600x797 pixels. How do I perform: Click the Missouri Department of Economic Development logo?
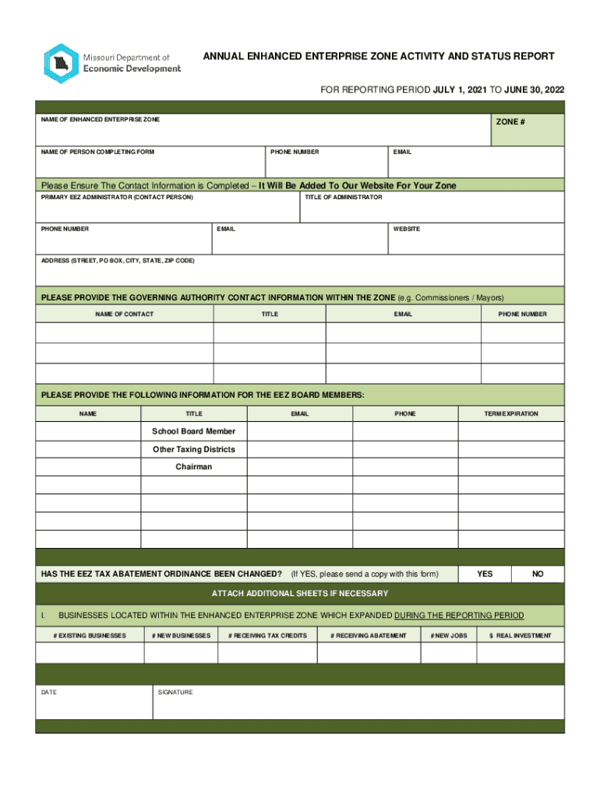pos(112,63)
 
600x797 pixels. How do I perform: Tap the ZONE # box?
pos(528,130)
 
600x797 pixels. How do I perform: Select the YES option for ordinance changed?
pos(485,574)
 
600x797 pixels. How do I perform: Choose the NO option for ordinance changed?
pos(538,574)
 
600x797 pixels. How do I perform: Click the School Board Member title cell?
pos(193,431)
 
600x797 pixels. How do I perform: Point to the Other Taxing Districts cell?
pos(193,450)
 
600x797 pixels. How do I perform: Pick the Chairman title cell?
pos(193,467)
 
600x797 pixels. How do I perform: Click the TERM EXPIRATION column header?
pos(510,414)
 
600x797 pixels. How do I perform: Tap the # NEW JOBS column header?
pos(448,636)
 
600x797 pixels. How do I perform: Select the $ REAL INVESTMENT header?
pos(520,636)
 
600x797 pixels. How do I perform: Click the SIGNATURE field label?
pos(175,692)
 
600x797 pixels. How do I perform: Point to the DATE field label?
pos(49,692)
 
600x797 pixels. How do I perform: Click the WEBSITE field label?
pos(406,229)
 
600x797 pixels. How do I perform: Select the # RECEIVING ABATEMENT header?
pos(369,636)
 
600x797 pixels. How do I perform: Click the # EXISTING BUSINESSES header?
pos(90,636)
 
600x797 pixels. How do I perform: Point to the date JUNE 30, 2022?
pos(535,90)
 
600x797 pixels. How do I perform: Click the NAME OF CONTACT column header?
pos(124,314)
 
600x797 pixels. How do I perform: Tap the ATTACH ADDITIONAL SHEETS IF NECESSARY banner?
pos(300,594)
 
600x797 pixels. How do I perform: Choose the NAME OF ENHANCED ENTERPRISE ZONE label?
pos(101,120)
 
